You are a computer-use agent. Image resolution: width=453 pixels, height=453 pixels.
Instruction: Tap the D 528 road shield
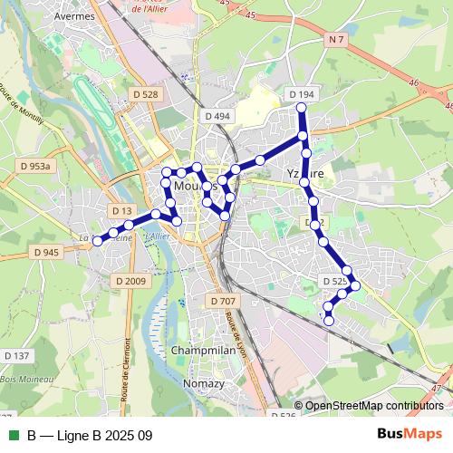tap(144, 94)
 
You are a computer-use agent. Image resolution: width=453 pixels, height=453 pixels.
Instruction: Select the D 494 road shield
tap(217, 116)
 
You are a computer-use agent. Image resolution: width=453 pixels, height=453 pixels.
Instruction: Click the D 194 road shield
tap(302, 94)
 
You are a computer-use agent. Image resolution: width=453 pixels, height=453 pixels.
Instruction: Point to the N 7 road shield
tap(337, 39)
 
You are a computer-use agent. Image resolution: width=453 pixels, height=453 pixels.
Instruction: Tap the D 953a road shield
tap(36, 166)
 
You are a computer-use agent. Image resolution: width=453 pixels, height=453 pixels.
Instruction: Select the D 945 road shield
tap(44, 252)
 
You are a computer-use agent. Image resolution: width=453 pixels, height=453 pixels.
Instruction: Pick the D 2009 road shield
tap(130, 281)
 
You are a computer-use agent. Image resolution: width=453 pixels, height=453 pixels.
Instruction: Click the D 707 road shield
tap(222, 300)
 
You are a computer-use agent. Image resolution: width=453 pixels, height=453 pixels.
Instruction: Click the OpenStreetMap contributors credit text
tap(373, 405)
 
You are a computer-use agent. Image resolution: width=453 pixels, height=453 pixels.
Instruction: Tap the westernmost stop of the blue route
tap(98, 240)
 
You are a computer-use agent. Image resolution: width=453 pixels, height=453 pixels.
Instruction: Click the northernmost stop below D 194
tap(303, 109)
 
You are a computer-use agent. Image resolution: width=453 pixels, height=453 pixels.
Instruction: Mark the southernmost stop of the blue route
tap(329, 320)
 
